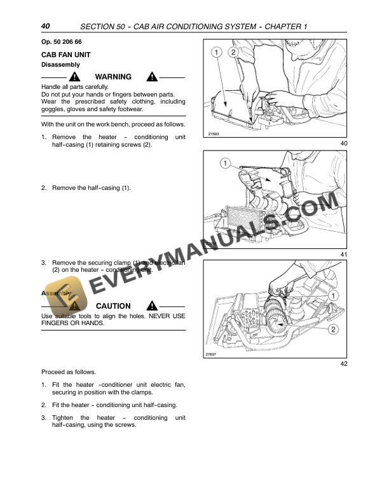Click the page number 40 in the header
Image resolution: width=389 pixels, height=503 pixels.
(45, 26)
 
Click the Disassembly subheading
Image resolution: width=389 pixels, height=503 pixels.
(60, 65)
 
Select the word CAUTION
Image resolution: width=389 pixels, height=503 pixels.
(113, 306)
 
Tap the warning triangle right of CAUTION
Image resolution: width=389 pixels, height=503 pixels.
(151, 306)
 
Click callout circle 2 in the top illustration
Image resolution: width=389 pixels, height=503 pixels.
(233, 51)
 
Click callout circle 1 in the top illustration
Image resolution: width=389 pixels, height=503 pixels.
(217, 51)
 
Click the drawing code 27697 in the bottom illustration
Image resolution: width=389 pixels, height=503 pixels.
(212, 354)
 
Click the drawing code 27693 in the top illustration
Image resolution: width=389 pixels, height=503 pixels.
(214, 134)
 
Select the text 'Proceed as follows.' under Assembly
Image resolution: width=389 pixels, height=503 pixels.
(69, 372)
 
